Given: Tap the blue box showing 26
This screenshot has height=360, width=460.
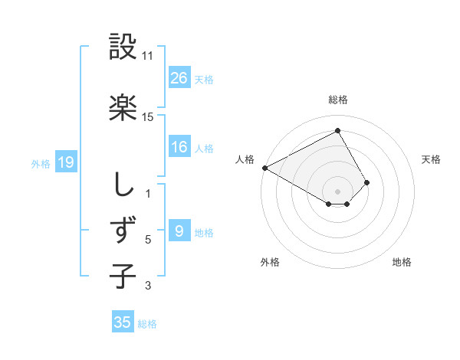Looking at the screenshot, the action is [x=179, y=78].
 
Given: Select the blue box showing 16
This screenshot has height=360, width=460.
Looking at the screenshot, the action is [x=179, y=147].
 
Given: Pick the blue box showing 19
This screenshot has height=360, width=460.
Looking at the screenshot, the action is [x=66, y=162].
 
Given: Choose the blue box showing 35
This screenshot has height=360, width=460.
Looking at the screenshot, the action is [x=123, y=322].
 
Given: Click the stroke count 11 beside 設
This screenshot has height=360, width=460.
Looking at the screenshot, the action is [x=148, y=56].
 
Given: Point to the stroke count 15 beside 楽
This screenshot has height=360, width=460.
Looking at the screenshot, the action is [x=148, y=117].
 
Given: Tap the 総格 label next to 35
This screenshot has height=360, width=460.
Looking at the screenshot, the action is [x=147, y=324].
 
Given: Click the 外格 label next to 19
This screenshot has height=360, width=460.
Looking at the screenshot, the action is [x=41, y=163].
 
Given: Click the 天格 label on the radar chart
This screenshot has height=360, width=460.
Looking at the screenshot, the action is [x=431, y=159].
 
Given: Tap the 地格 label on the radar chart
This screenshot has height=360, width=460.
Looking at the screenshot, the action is [x=402, y=262].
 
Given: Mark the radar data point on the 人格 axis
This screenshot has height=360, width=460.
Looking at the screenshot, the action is [x=264, y=167].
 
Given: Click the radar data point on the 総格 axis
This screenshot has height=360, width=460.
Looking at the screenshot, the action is [x=337, y=130].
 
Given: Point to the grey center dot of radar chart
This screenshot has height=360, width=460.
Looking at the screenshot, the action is [x=337, y=190].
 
